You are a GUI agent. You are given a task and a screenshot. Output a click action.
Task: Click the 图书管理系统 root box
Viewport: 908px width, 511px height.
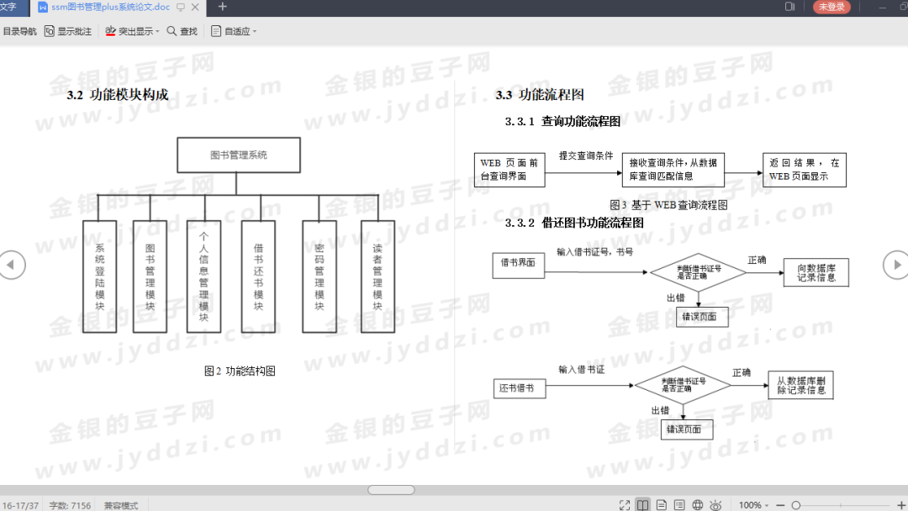238,155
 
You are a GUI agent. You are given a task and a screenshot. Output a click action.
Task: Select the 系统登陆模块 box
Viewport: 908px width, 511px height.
99,277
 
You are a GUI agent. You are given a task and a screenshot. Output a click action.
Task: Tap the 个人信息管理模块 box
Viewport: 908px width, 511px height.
203,277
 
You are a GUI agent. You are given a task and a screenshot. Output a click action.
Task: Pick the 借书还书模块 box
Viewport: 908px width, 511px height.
258,277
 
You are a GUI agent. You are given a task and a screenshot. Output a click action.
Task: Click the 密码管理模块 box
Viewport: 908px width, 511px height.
319,277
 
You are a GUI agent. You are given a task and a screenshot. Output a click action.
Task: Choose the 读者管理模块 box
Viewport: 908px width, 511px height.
377,277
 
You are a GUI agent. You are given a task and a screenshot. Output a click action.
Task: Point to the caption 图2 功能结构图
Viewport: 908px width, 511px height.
240,371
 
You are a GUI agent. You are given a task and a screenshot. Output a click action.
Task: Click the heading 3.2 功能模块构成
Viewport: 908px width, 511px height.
118,95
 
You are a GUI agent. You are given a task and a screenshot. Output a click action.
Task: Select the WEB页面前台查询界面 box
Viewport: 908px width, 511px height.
509,170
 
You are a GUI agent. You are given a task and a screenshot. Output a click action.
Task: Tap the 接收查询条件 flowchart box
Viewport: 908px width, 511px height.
673,170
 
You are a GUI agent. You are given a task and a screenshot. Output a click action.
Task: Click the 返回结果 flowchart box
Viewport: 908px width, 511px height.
804,170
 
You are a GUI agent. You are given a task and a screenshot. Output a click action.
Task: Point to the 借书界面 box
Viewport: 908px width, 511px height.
518,263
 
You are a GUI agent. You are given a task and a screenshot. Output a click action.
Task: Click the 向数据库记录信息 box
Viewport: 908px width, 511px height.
815,272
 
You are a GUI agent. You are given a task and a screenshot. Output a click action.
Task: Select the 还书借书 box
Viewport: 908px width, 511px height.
519,389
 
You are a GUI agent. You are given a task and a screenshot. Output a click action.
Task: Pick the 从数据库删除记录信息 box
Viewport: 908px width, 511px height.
800,386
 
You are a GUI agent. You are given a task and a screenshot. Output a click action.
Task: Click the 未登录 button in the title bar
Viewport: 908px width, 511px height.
831,7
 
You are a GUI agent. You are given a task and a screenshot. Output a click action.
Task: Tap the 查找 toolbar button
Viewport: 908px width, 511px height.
182,31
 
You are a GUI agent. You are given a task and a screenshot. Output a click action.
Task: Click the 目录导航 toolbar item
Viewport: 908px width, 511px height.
19,31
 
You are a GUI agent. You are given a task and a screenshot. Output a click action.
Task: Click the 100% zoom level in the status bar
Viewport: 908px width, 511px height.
750,505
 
